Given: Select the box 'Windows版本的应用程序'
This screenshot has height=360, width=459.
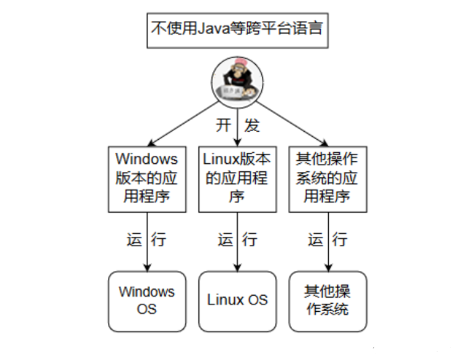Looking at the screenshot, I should tap(146, 178).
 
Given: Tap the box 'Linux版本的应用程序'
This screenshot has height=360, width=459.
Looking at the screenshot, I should tap(237, 178).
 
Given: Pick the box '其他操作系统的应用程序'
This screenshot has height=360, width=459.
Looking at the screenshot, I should tap(327, 178).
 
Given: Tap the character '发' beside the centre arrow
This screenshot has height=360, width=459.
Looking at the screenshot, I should tap(251, 125).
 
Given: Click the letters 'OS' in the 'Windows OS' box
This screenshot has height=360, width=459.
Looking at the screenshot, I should tap(146, 309).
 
